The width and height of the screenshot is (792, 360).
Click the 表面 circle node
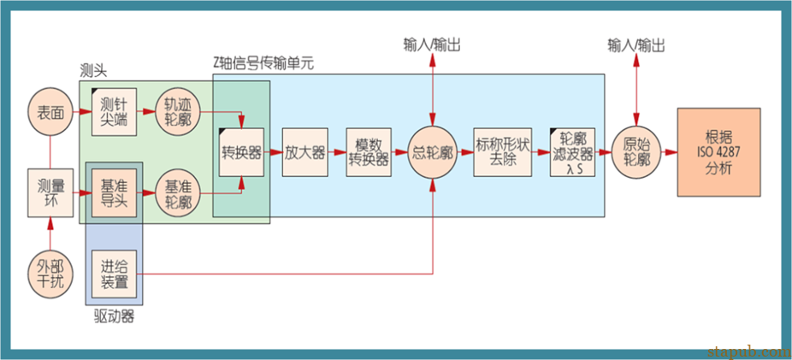[x=50, y=111]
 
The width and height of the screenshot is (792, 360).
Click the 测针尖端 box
[x=114, y=111]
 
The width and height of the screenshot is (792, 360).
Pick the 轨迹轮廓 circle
[x=178, y=111]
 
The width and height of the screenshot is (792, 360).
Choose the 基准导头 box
[x=114, y=192]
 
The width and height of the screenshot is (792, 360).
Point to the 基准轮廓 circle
[x=178, y=192]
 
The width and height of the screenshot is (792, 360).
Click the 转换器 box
[x=242, y=152]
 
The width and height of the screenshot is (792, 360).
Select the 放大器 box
[x=305, y=152]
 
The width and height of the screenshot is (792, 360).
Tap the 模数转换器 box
[x=369, y=152]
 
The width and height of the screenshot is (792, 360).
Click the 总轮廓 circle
[x=434, y=152]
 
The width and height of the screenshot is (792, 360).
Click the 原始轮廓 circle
[x=636, y=152]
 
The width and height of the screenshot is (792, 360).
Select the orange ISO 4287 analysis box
[x=718, y=152]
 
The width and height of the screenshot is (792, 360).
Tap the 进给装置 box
[x=114, y=273]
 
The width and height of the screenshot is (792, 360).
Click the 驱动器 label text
[x=114, y=317]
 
